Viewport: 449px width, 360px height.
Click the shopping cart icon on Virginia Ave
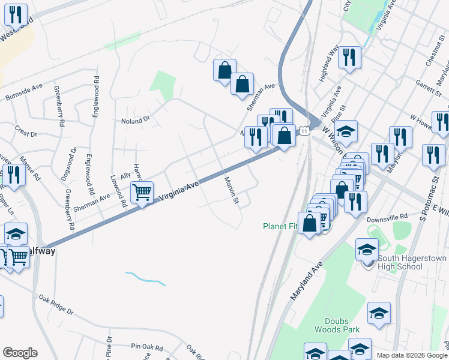tap(142, 192)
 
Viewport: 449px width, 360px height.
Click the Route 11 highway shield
tap(305, 131)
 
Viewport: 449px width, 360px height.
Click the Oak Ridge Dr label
tap(56, 304)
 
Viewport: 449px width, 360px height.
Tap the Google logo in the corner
tap(20, 353)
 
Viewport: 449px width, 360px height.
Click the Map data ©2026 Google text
tap(412, 356)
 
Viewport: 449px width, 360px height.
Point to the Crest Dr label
tap(26, 130)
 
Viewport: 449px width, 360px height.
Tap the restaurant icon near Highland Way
tap(349, 58)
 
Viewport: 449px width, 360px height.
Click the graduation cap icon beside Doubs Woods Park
tap(379, 314)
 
